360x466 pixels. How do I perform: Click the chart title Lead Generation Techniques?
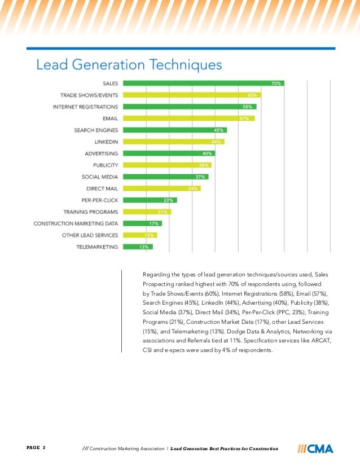[129, 65]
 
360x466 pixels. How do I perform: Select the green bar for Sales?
[203, 83]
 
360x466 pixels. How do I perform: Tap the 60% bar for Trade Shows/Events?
[191, 95]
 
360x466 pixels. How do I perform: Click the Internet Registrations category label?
[85, 107]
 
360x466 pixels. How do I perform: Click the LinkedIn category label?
[106, 142]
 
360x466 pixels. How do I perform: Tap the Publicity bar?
[167, 165]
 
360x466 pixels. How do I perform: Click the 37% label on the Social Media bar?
[200, 177]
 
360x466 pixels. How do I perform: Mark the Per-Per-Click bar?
[150, 200]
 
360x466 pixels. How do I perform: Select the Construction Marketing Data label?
[76, 223]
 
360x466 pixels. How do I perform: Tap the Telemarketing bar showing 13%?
[138, 247]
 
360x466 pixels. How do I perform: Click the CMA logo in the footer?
[315, 449]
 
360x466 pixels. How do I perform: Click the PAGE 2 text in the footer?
[36, 448]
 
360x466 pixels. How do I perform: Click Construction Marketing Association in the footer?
[126, 449]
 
